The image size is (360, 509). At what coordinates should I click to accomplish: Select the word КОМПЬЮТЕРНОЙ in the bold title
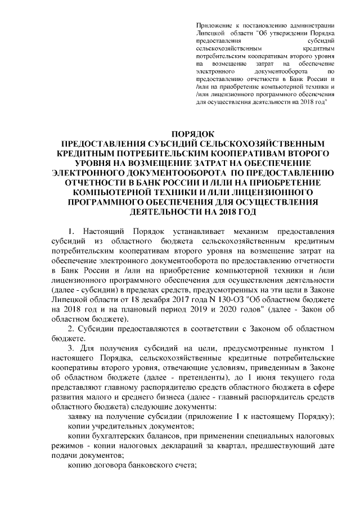pos(131,192)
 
